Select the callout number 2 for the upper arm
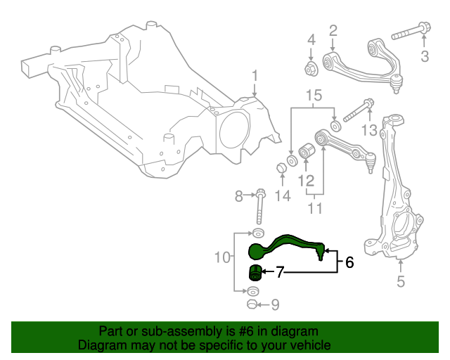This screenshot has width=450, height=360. (x=333, y=30)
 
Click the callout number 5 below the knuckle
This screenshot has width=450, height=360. (x=401, y=283)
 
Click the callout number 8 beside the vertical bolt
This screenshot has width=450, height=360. (x=238, y=195)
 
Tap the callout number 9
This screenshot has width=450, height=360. (x=275, y=304)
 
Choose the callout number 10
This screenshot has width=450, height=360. (x=222, y=257)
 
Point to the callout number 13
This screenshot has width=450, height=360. (x=370, y=130)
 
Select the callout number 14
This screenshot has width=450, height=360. (x=282, y=195)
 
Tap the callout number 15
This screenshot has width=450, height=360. (x=313, y=94)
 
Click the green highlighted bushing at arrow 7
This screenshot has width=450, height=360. (x=256, y=273)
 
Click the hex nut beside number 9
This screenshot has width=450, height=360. (x=254, y=304)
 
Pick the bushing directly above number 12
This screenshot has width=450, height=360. (x=306, y=150)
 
